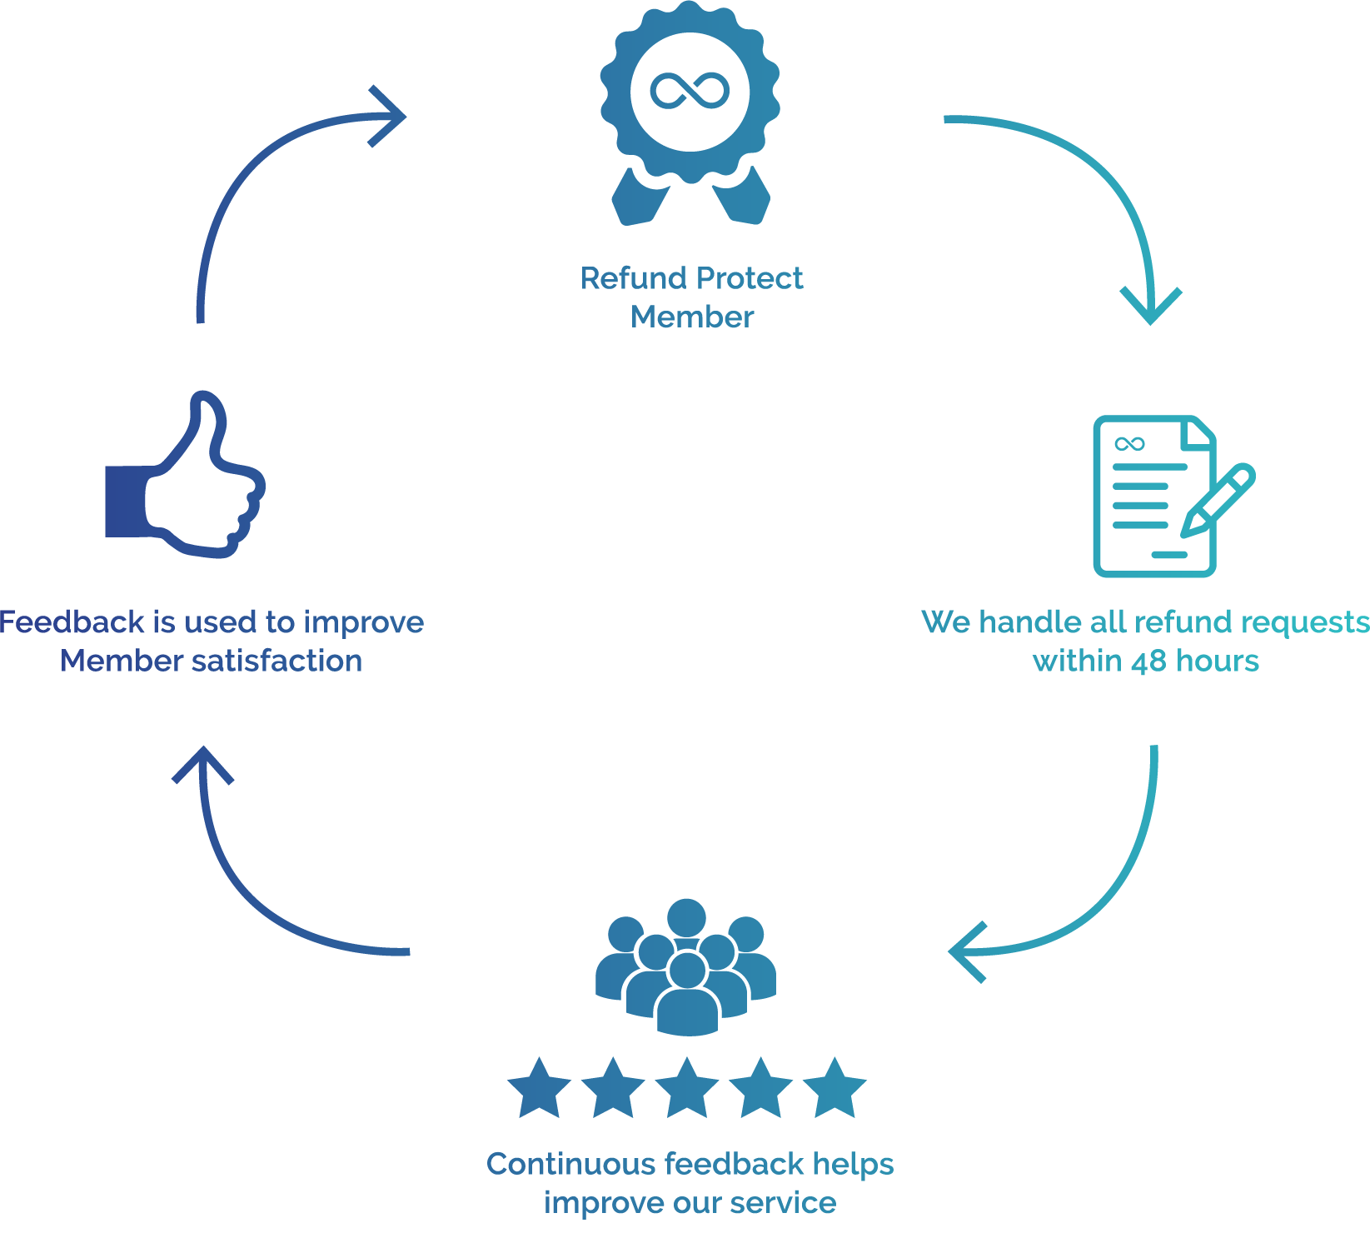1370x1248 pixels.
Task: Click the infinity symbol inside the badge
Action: tap(690, 91)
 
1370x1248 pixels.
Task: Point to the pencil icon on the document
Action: tap(1218, 499)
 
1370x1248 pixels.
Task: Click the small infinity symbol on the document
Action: tap(1129, 443)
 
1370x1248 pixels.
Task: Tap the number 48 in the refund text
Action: tap(1148, 661)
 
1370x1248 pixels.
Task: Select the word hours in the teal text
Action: tap(1218, 661)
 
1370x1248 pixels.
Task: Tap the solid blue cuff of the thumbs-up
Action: tap(125, 501)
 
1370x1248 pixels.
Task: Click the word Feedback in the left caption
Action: tap(72, 622)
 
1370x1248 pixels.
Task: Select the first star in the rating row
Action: tap(539, 1089)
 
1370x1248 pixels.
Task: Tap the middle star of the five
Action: tap(687, 1089)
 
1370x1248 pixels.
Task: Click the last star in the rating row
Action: tap(834, 1089)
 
